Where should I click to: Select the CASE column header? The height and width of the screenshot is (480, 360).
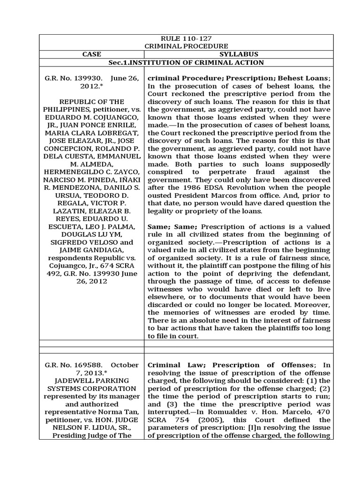point(91,54)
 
